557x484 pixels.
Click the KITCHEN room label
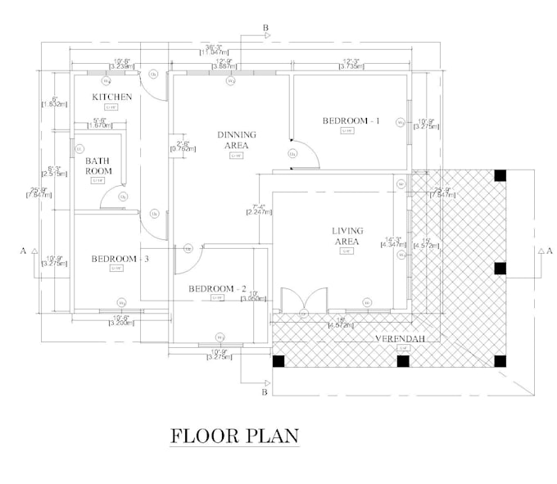tap(111, 97)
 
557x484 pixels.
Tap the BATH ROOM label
tap(98, 165)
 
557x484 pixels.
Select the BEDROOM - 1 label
tap(351, 120)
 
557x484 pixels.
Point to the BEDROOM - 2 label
tap(217, 289)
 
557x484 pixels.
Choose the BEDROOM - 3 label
tap(120, 259)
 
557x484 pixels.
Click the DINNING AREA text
tap(236, 140)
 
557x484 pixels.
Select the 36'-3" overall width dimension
tap(216, 47)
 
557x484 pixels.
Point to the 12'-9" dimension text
tap(224, 61)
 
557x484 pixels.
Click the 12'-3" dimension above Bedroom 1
tap(352, 61)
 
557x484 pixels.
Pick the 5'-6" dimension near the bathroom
tap(99, 120)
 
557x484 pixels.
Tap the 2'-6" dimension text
tap(180, 143)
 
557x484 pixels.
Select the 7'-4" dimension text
tap(259, 206)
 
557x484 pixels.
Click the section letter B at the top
tap(265, 29)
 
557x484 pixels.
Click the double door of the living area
tap(303, 301)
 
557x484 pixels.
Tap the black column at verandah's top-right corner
tap(500, 175)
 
